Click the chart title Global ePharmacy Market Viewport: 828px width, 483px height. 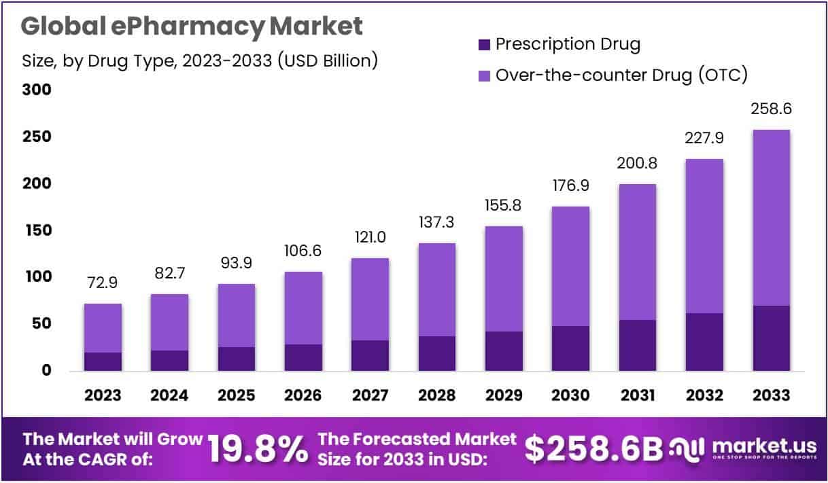pos(192,26)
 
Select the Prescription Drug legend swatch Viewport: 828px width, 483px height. pos(484,46)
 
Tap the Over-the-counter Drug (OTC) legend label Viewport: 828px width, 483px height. pos(621,74)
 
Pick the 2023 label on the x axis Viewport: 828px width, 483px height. pos(103,395)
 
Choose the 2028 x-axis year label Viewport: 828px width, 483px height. pos(437,395)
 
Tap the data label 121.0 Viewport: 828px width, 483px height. pos(370,238)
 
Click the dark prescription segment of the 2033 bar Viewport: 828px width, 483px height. pos(772,338)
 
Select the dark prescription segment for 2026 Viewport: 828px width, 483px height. pos(303,357)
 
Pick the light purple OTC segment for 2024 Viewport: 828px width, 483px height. pos(169,322)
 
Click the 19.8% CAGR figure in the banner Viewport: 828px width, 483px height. pos(258,448)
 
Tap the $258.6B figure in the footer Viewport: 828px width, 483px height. pos(593,448)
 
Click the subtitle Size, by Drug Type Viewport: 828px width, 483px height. pos(199,60)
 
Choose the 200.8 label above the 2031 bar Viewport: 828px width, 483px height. pos(638,164)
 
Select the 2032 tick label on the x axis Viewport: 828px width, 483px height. pos(704,395)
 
